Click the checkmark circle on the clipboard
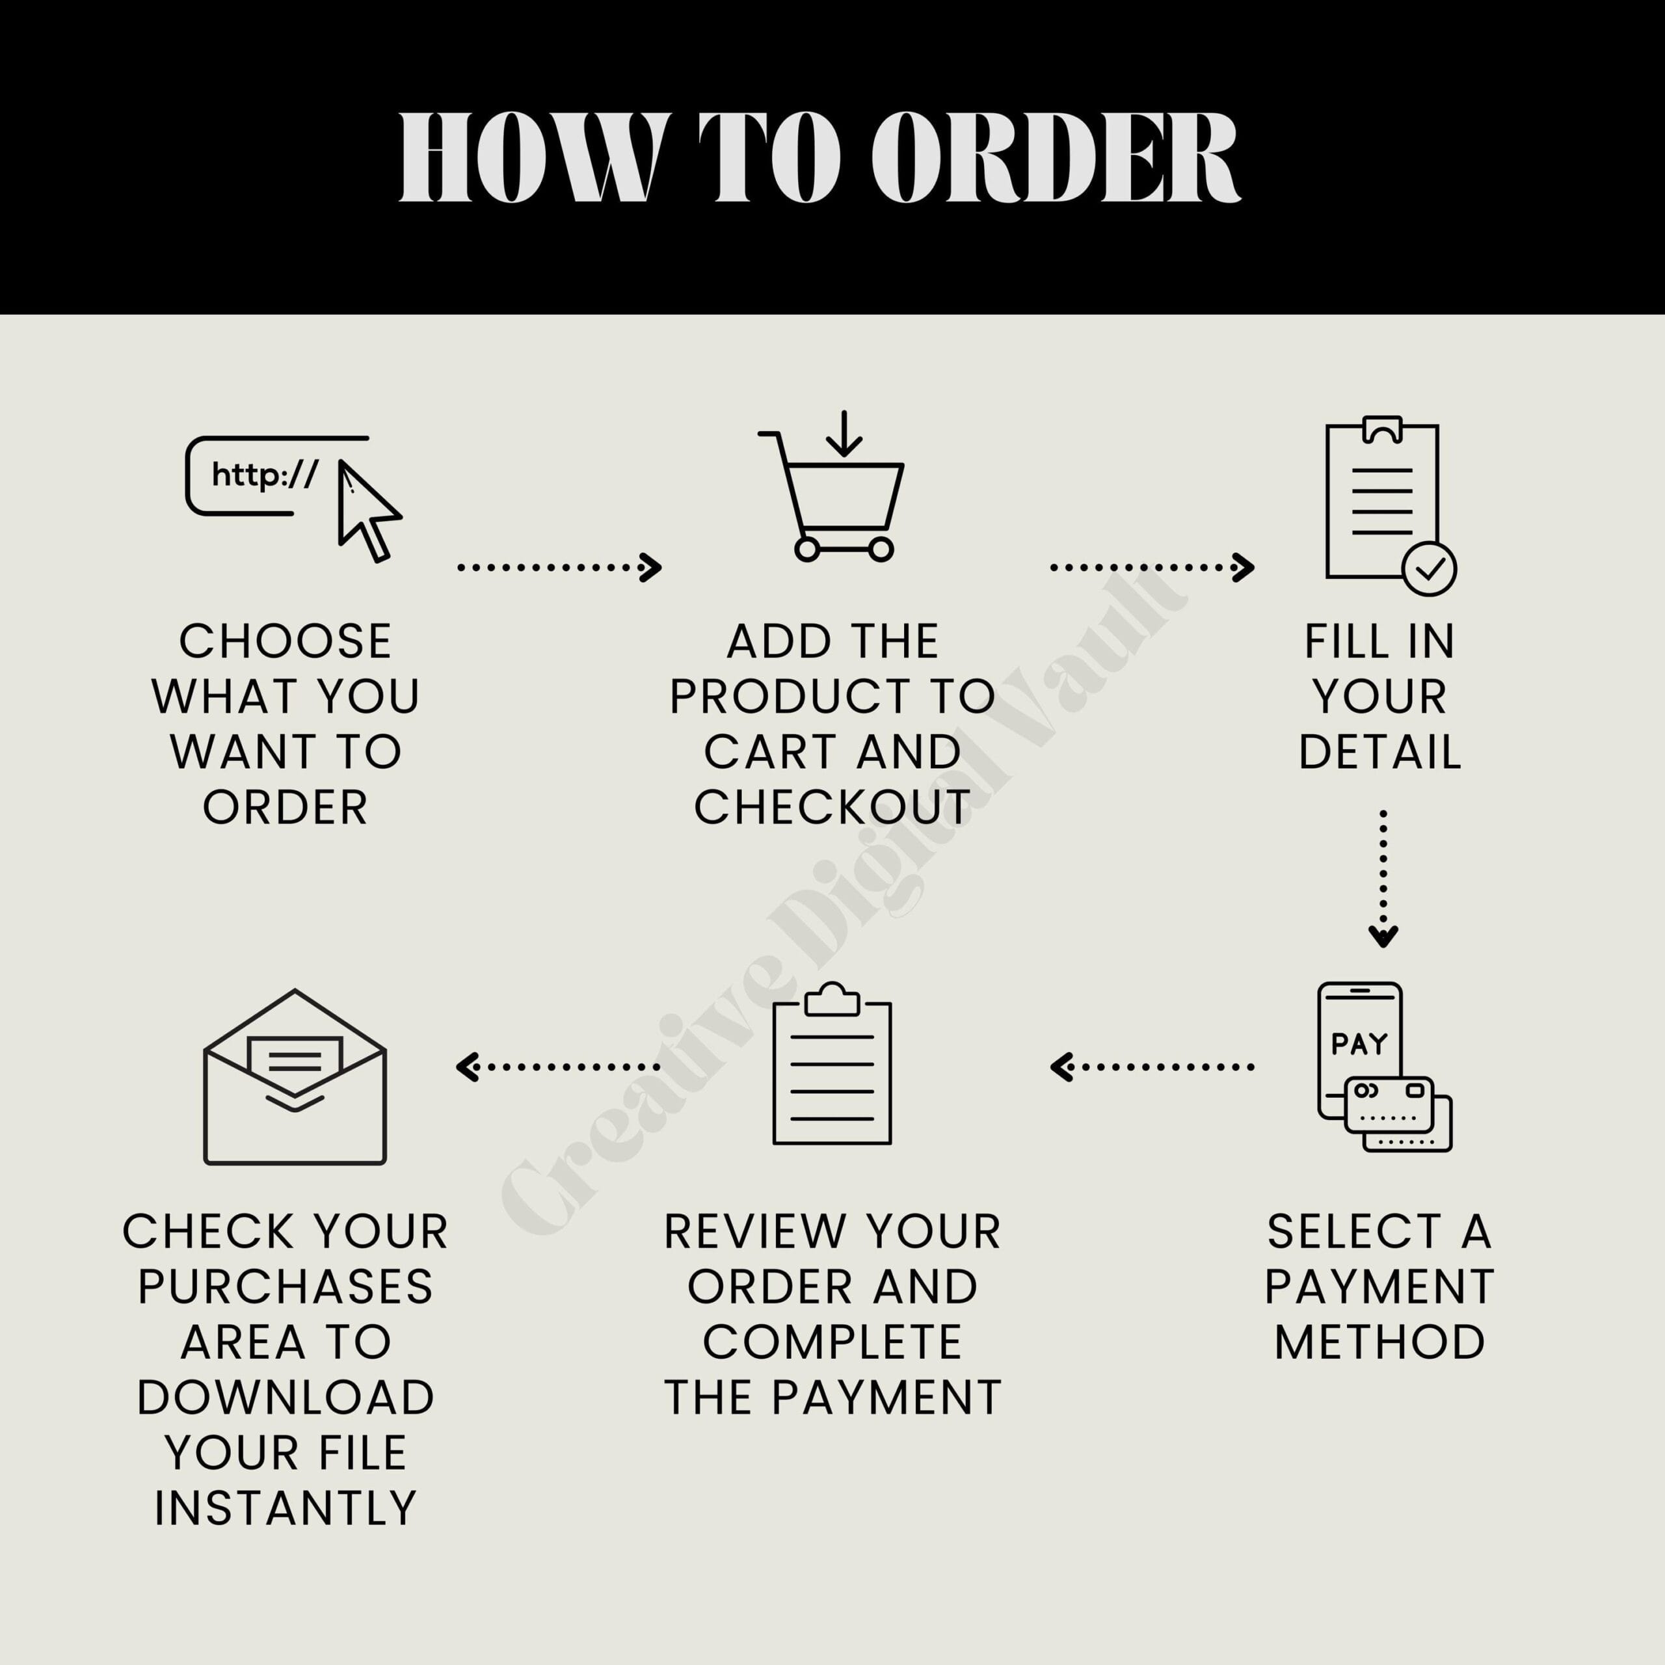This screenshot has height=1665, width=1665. [x=1429, y=569]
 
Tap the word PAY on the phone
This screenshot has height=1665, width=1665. [x=1359, y=1045]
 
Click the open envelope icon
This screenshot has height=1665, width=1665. [x=295, y=1077]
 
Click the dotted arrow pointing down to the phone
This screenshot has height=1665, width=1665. [x=1383, y=878]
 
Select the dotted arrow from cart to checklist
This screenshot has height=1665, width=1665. [x=1152, y=567]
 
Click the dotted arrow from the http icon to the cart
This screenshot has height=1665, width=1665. [x=559, y=567]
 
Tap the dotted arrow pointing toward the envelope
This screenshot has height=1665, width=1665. [x=557, y=1067]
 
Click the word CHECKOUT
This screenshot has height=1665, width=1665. [x=832, y=808]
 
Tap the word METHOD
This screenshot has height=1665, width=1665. [x=1379, y=1342]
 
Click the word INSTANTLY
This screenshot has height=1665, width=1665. [x=286, y=1508]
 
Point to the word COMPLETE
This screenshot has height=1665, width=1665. [x=832, y=1342]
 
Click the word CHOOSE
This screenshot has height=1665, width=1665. [x=286, y=641]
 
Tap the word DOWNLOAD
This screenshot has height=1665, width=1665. [x=286, y=1397]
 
